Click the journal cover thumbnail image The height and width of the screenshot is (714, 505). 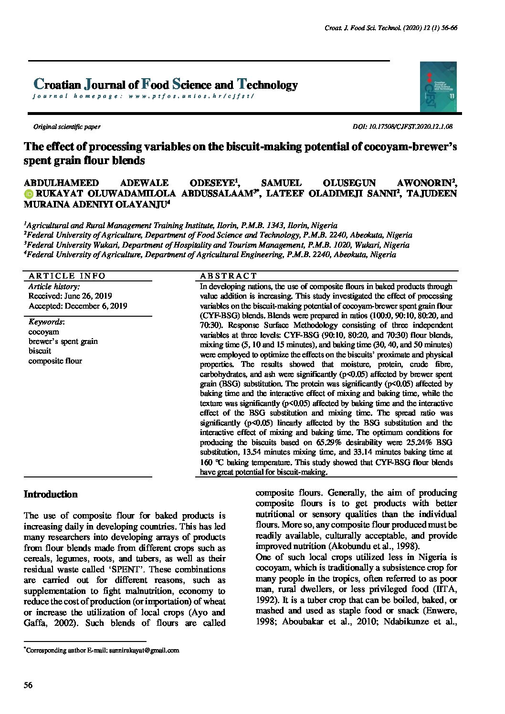[x=438, y=87]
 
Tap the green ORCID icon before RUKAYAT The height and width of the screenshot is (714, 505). [x=28, y=194]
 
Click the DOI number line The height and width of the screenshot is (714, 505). [x=402, y=127]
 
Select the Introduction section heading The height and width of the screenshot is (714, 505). [x=51, y=494]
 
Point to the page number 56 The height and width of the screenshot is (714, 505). [x=28, y=685]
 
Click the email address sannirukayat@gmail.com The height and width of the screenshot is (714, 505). [x=144, y=650]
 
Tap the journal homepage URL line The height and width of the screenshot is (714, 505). [x=143, y=96]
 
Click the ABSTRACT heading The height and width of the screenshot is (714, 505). [x=228, y=276]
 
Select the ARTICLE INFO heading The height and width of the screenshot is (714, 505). [x=67, y=276]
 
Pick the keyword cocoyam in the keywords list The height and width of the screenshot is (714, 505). [x=44, y=331]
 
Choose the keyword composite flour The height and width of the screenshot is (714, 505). [x=55, y=361]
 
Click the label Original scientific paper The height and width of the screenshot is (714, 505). [x=66, y=127]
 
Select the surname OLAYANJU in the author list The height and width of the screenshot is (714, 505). [x=143, y=204]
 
